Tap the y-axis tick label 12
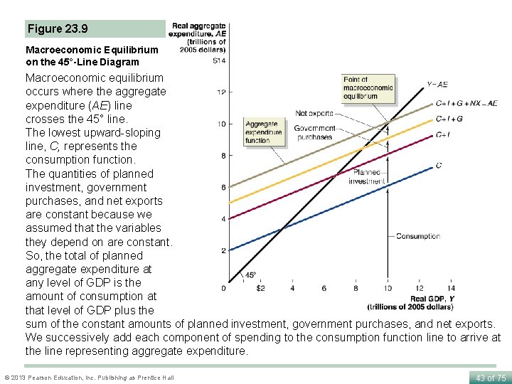(x=222, y=92)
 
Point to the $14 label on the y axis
(x=219, y=60)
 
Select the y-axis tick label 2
(x=223, y=250)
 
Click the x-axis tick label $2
(x=260, y=288)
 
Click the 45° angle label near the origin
(x=250, y=275)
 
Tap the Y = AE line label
(x=437, y=85)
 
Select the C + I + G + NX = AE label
(x=466, y=103)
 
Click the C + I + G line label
(x=449, y=119)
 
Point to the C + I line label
(x=442, y=135)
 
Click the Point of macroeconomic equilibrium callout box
(x=368, y=87)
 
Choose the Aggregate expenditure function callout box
(x=263, y=132)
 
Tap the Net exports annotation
(x=314, y=113)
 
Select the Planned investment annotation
(x=366, y=177)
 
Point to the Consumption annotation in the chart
(x=418, y=236)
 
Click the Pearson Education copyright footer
(x=89, y=378)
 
